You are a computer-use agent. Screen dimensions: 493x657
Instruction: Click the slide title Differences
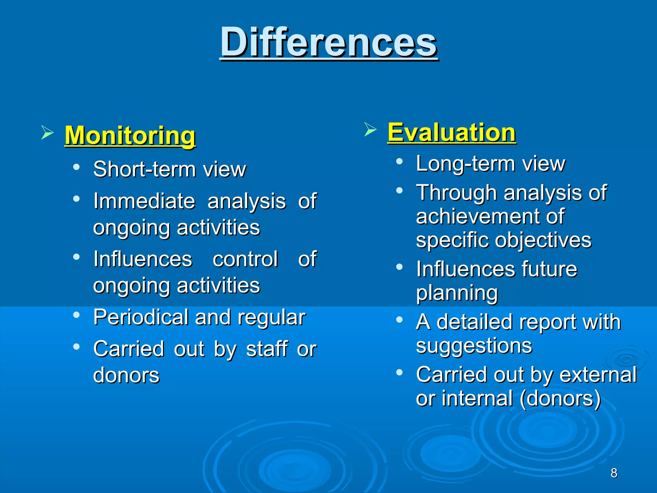328,42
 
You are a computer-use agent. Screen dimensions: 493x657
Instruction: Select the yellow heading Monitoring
130,135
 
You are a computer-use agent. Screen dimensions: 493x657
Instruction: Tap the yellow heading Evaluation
452,132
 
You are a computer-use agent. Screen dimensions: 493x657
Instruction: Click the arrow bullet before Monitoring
47,132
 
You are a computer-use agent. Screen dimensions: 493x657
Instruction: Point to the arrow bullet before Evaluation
370,129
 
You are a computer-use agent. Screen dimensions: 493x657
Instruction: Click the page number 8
614,473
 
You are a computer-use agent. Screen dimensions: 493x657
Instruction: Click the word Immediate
144,201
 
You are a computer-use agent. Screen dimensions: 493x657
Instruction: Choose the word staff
267,349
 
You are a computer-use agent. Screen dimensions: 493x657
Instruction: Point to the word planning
457,293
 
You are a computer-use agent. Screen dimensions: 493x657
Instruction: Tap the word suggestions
474,346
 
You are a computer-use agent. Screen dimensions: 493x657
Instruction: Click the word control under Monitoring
245,259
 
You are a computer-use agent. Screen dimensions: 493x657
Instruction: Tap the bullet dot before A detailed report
399,319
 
